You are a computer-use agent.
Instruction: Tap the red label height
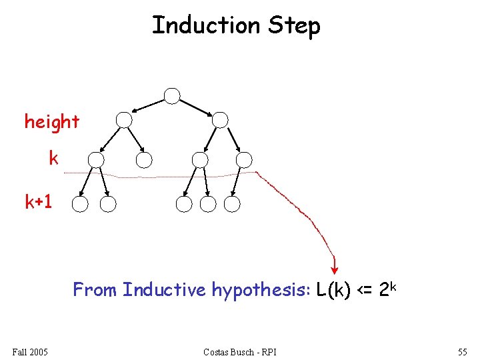tap(52, 122)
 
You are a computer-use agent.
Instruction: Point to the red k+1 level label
tap(39, 202)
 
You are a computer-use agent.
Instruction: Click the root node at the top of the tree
tap(172, 96)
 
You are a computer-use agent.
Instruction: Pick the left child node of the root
tap(124, 120)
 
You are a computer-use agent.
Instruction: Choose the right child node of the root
tap(220, 120)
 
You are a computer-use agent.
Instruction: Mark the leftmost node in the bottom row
tap(80, 204)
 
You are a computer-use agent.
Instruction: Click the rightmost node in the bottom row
tap(232, 204)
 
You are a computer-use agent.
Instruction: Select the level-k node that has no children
tap(144, 160)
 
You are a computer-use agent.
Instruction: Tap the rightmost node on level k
tap(244, 160)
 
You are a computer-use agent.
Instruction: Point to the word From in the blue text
tap(95, 290)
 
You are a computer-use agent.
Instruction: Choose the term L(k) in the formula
tap(334, 291)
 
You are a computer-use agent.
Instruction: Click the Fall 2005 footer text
tap(29, 351)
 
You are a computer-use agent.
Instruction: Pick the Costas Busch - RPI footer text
tap(241, 351)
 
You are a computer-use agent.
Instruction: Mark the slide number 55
tap(463, 351)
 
